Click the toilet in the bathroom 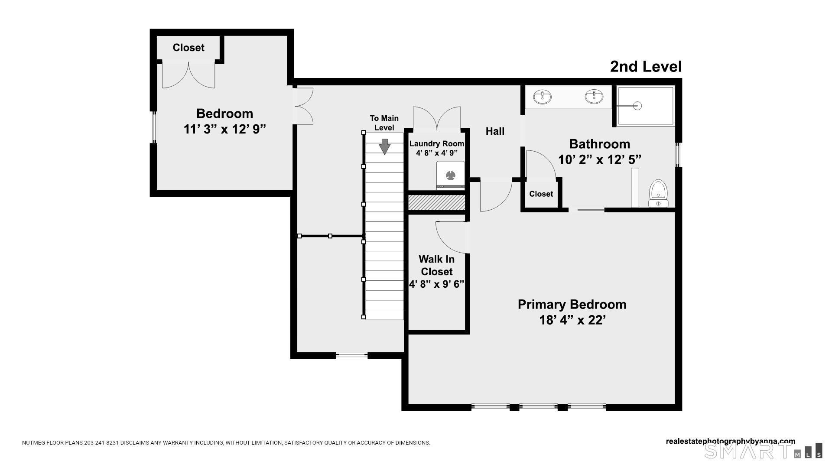click(x=658, y=193)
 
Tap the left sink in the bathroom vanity click(x=542, y=97)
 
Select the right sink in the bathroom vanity click(x=594, y=97)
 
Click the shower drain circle click(x=637, y=105)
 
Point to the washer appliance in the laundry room click(x=451, y=175)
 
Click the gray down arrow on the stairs click(x=384, y=146)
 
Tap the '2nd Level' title click(x=646, y=67)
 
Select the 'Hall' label click(x=495, y=131)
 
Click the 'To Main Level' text click(x=384, y=123)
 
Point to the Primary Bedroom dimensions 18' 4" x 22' click(x=572, y=320)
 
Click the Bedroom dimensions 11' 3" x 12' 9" click(x=224, y=129)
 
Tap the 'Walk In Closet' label click(x=436, y=265)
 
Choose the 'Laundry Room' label click(x=437, y=144)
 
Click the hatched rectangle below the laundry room click(x=437, y=203)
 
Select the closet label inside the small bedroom click(x=188, y=48)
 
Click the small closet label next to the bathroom click(x=541, y=194)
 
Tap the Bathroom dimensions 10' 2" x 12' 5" click(x=600, y=160)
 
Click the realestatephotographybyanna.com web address click(x=731, y=442)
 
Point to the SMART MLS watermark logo click(x=763, y=451)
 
